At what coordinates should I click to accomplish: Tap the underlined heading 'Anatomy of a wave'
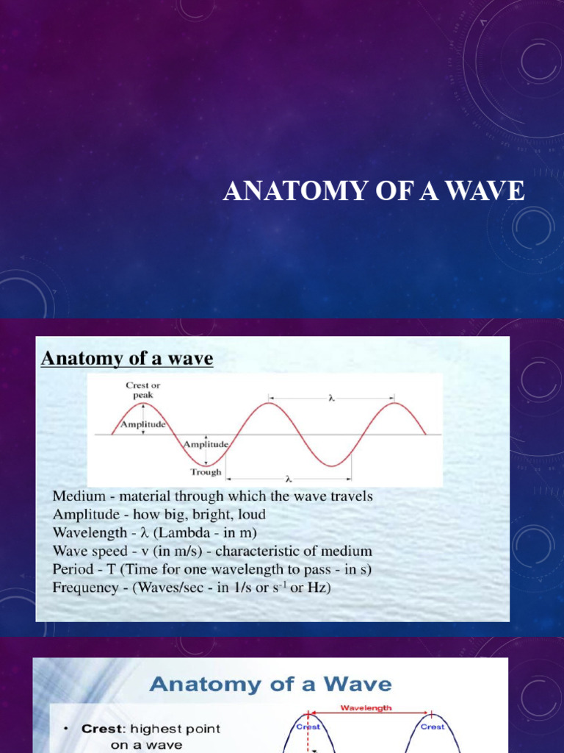127,359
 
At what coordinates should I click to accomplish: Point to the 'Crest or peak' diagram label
142,390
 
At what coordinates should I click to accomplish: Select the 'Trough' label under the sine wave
206,472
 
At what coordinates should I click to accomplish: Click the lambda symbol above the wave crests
332,398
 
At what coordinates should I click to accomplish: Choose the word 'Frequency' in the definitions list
84,587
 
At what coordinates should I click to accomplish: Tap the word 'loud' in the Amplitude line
250,515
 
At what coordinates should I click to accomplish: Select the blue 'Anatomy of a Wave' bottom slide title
270,685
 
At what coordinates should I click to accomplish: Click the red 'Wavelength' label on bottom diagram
367,708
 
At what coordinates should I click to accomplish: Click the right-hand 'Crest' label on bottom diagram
433,726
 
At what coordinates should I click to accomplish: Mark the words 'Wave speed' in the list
85,551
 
